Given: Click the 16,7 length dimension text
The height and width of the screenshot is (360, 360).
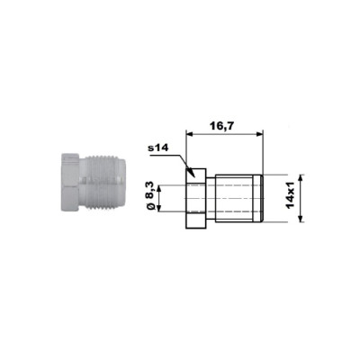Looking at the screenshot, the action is click(221, 126).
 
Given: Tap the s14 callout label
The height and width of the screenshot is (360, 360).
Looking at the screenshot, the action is click(158, 148).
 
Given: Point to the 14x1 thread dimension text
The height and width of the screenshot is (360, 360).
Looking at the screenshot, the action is click(291, 197).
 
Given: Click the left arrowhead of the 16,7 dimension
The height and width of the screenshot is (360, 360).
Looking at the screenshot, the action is click(190, 135).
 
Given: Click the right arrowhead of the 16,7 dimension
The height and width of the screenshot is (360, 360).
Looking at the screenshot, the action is click(259, 135).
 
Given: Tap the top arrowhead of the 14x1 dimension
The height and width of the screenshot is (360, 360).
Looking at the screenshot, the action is click(301, 178).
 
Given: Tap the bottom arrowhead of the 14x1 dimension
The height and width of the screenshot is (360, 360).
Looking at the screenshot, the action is click(301, 219).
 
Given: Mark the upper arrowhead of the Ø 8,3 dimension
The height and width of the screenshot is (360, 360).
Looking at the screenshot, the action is click(159, 189).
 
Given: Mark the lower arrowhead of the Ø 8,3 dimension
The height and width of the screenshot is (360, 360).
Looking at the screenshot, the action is click(159, 208).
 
